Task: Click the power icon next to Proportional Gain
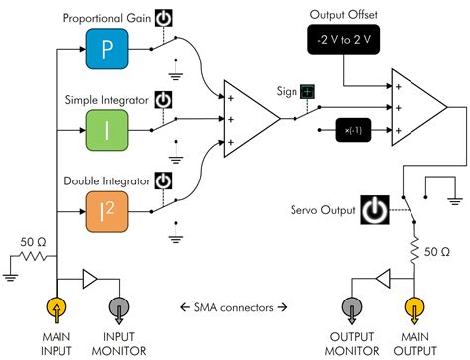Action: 163,19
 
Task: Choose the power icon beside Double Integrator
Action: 163,182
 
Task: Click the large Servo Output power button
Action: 373,210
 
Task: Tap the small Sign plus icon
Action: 308,92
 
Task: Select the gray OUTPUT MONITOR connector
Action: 356,307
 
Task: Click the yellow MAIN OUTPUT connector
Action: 415,307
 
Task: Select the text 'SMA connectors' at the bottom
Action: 237,305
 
